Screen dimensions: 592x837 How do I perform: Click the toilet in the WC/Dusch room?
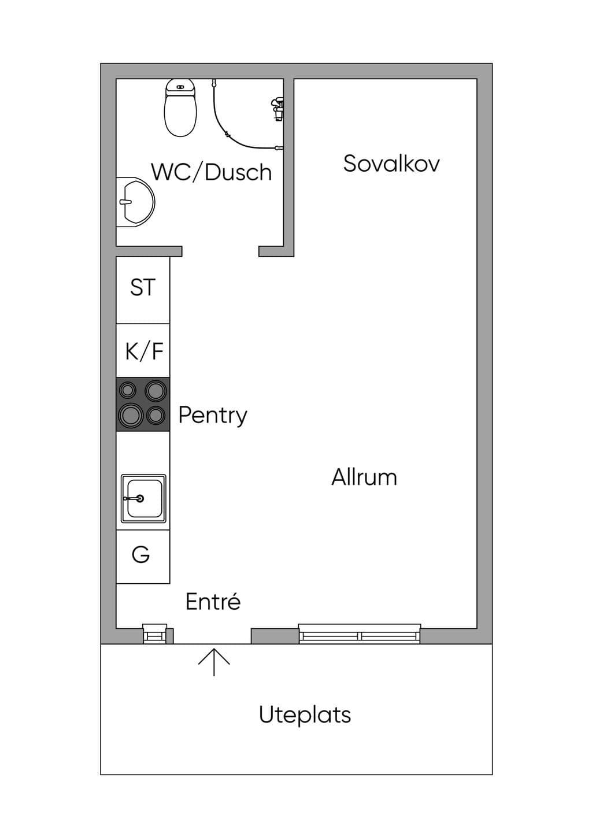click(x=180, y=108)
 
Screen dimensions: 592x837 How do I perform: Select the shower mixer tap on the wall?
click(x=277, y=109)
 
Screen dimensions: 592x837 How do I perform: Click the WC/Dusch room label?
click(x=212, y=172)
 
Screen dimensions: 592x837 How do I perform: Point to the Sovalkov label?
click(x=391, y=163)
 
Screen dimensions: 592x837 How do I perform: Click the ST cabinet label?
click(x=143, y=287)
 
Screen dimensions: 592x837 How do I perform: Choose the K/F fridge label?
click(x=145, y=351)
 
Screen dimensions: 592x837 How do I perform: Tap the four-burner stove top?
click(x=143, y=404)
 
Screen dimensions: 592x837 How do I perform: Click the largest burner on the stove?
click(x=131, y=415)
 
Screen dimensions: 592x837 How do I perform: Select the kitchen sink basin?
click(x=143, y=498)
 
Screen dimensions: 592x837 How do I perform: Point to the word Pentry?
click(x=213, y=416)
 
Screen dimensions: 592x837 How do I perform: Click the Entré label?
click(x=213, y=602)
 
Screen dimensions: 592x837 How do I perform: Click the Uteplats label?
click(x=305, y=716)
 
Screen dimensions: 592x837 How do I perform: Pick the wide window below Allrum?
click(x=360, y=634)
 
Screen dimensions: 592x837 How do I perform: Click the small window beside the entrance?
click(x=155, y=634)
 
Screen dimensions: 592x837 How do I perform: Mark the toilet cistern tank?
click(x=180, y=87)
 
